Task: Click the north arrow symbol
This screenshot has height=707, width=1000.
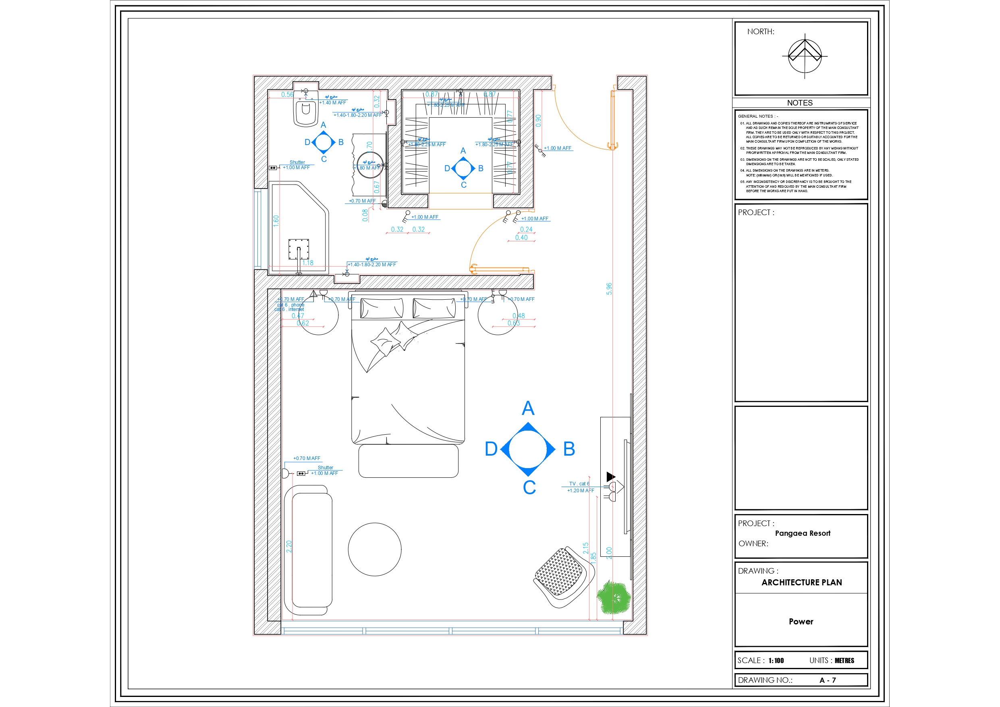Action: pyautogui.click(x=805, y=56)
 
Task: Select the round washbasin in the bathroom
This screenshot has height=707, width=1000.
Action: pyautogui.click(x=370, y=165)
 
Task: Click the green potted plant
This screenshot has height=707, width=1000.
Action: pyautogui.click(x=613, y=598)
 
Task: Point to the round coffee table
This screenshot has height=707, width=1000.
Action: pyautogui.click(x=375, y=549)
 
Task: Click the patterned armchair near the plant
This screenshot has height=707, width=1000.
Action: pyautogui.click(x=563, y=577)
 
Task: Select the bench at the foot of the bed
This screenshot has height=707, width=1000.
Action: pyautogui.click(x=408, y=461)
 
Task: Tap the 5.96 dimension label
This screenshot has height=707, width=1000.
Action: pyautogui.click(x=609, y=289)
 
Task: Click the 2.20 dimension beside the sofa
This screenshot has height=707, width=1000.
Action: pyautogui.click(x=289, y=547)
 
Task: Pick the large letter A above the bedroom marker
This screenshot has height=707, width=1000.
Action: pyautogui.click(x=528, y=408)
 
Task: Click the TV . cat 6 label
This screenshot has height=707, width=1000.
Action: pyautogui.click(x=579, y=483)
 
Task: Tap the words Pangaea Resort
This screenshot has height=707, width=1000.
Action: pyautogui.click(x=802, y=533)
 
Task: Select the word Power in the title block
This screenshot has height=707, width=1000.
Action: pyautogui.click(x=801, y=622)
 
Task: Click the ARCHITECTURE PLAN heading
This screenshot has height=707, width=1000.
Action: pyautogui.click(x=801, y=583)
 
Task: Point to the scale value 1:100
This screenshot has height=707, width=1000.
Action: pyautogui.click(x=776, y=660)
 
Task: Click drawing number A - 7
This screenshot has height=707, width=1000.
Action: pyautogui.click(x=828, y=680)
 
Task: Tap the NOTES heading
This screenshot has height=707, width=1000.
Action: pyautogui.click(x=800, y=103)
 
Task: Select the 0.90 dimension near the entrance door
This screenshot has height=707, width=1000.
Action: pyautogui.click(x=538, y=121)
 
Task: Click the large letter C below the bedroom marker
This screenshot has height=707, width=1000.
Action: pyautogui.click(x=529, y=487)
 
